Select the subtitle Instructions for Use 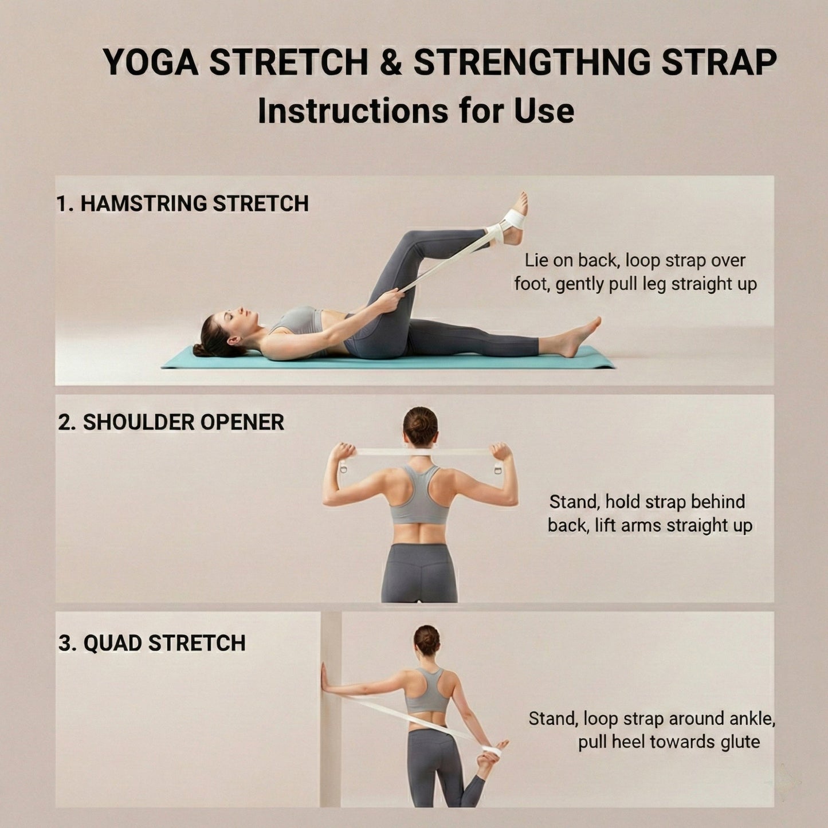415,111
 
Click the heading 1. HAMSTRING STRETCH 182,203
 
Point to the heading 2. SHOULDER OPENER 171,422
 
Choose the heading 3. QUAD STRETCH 152,643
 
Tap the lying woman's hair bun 200,348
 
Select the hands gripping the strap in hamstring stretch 391,299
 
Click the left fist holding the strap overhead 346,452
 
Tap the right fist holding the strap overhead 500,452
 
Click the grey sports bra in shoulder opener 420,499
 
